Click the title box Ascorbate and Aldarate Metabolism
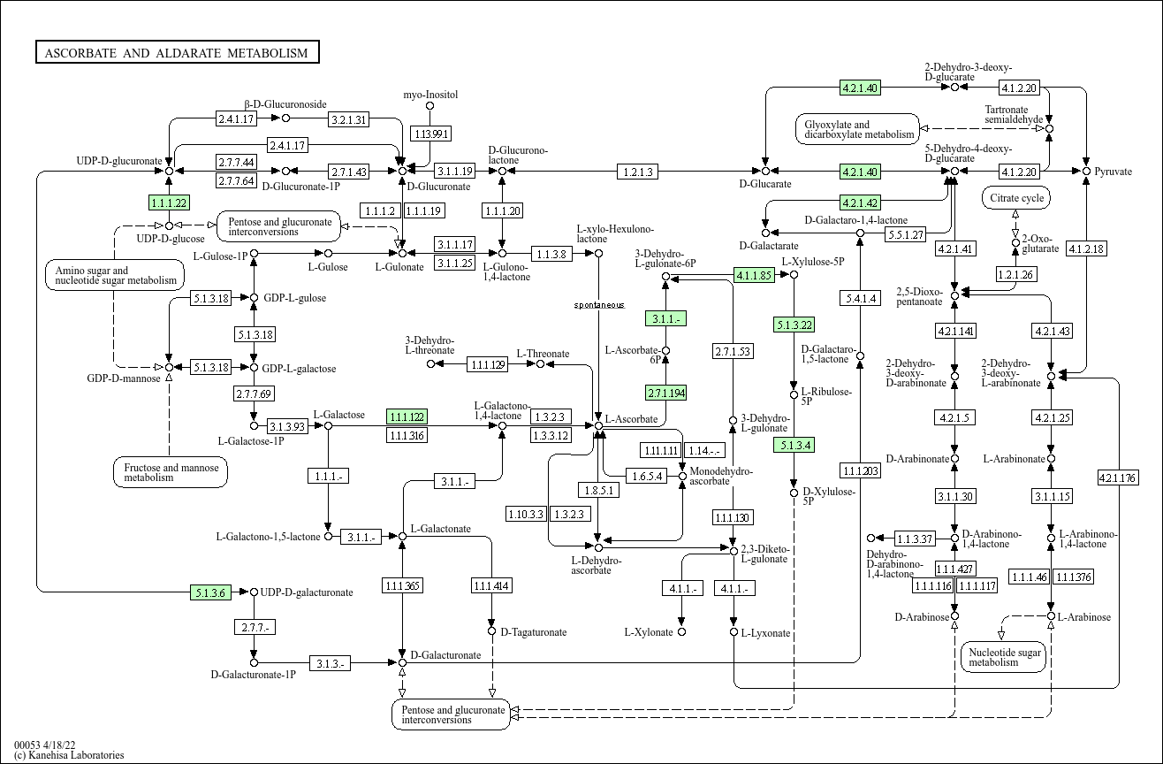(x=177, y=52)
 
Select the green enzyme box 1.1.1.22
(x=169, y=202)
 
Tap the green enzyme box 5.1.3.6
(x=210, y=592)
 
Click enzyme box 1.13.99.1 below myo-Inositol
(x=430, y=134)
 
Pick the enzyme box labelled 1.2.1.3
(x=637, y=172)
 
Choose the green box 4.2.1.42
(x=860, y=202)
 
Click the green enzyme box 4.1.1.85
(x=754, y=275)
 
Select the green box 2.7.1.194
(x=665, y=393)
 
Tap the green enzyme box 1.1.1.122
(x=407, y=416)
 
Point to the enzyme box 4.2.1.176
(x=1118, y=477)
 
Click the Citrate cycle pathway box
(x=1016, y=198)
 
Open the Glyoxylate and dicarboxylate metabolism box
(x=858, y=129)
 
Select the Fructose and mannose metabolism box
(x=171, y=472)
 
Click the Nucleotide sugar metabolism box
(x=1004, y=657)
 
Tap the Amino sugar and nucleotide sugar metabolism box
(x=115, y=275)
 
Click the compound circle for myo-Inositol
(x=429, y=106)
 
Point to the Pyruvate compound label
(x=1114, y=172)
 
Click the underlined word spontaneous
(x=599, y=305)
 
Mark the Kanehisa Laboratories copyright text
(x=69, y=755)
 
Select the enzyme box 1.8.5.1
(x=598, y=490)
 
